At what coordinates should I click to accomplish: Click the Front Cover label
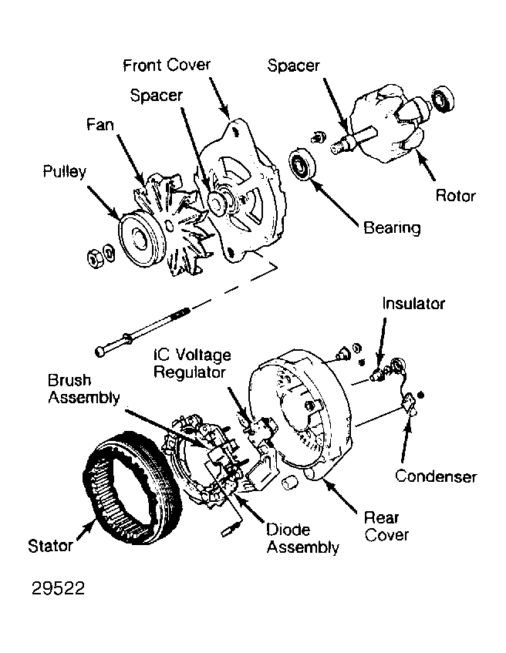point(167,65)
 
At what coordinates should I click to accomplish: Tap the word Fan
point(100,124)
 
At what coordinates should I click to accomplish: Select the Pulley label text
point(65,172)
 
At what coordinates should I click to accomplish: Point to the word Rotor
point(456,196)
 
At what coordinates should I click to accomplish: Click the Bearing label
point(392,228)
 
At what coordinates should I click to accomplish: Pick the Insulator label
point(413,304)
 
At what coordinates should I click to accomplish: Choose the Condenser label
point(436,476)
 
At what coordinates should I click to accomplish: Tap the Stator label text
point(50,546)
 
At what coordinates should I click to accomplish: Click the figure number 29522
point(58,588)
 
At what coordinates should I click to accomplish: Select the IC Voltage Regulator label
point(192,363)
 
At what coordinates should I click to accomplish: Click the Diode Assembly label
point(302,538)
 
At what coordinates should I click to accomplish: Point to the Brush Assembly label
point(84,389)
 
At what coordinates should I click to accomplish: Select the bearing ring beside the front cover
point(302,164)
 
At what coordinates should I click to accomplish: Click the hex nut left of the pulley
point(95,258)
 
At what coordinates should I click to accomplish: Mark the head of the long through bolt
point(100,351)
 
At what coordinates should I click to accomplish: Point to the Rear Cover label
point(386,526)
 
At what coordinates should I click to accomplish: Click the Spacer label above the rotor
point(293,66)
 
